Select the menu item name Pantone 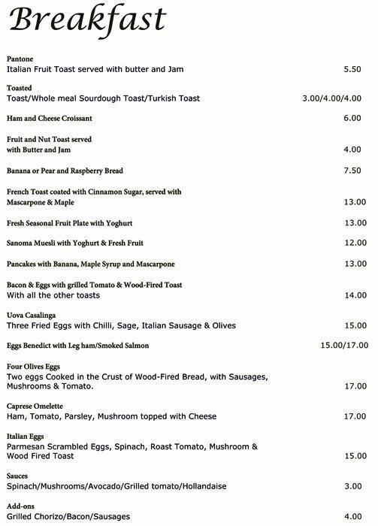(19, 59)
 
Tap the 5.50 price (352, 69)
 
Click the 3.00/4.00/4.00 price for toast (333, 98)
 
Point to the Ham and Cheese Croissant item (49, 118)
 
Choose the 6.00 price (352, 118)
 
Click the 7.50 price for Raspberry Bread (352, 171)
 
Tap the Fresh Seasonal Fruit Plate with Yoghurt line (65, 223)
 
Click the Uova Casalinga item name (31, 316)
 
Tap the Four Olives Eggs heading (34, 366)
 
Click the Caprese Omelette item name (35, 406)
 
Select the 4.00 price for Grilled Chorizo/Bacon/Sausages (352, 516)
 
